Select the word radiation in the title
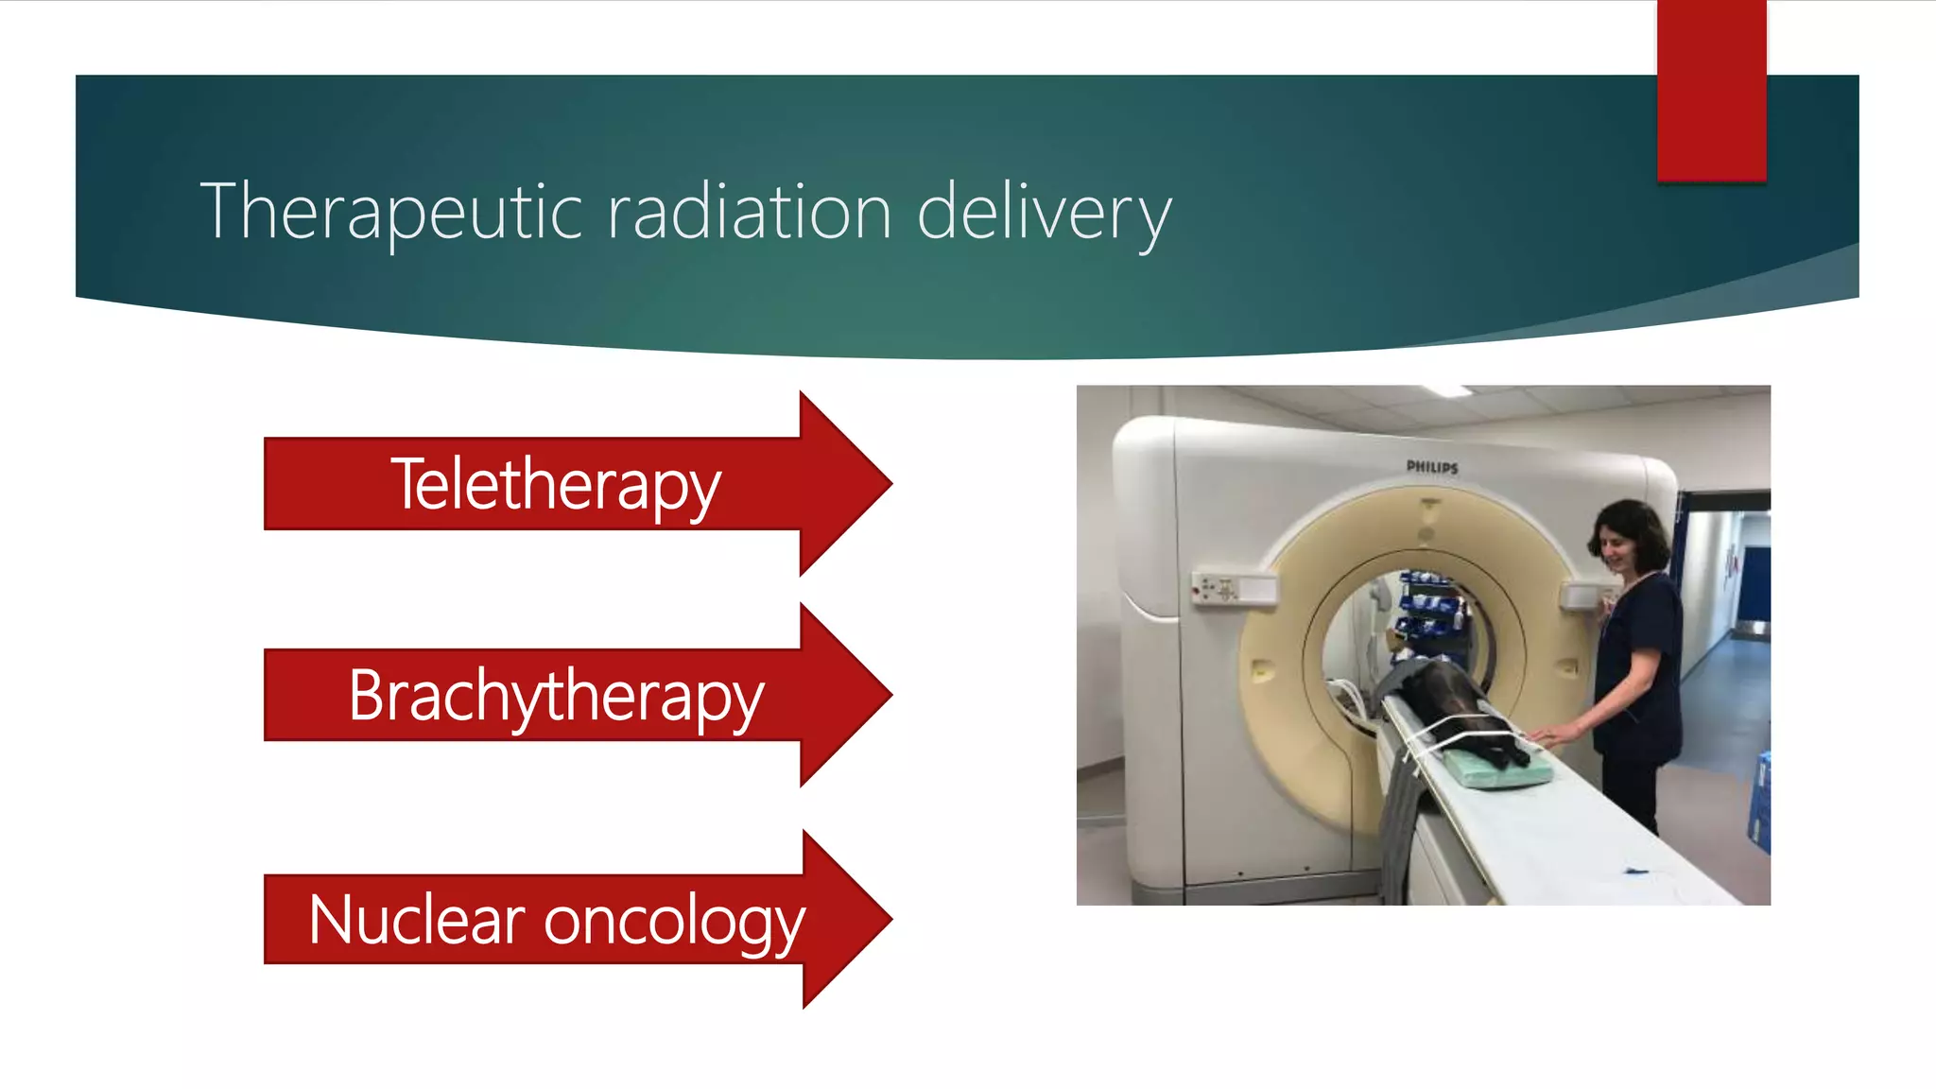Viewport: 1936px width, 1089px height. (749, 213)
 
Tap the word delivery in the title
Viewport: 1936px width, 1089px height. (1044, 213)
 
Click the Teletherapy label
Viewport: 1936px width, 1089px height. (556, 484)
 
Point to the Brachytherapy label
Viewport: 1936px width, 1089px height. (556, 696)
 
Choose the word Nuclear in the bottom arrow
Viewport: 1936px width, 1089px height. (416, 920)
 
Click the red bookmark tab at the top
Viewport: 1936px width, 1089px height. (1711, 90)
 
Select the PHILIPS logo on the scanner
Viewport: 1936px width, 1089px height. (1432, 467)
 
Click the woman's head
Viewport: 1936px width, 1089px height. (1628, 535)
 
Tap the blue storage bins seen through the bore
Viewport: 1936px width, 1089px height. (1432, 605)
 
